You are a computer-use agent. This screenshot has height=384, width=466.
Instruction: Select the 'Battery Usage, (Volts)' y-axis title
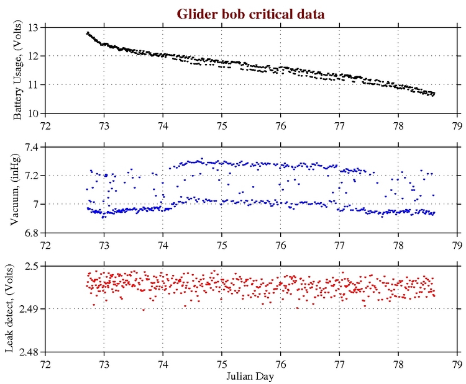pos(19,70)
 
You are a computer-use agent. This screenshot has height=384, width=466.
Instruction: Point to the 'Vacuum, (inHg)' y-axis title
pos(19,190)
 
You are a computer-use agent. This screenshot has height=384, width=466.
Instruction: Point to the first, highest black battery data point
pos(87,32)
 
